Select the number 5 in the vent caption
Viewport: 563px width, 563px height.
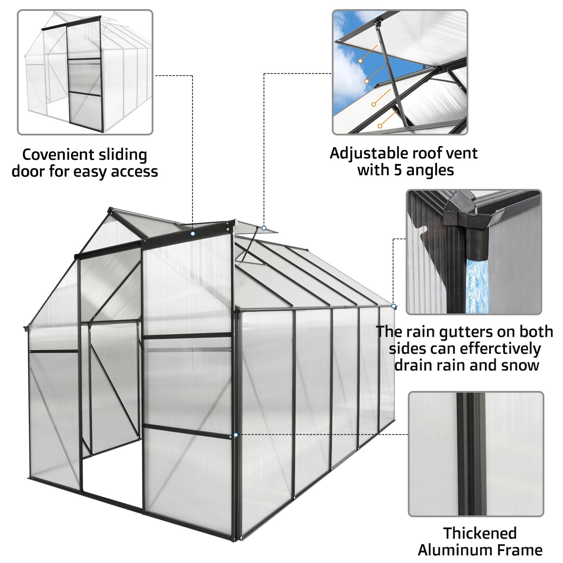point(398,170)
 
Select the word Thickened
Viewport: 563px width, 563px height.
point(480,533)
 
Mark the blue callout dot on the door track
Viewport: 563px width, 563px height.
point(192,234)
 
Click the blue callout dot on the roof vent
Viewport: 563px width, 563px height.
point(264,228)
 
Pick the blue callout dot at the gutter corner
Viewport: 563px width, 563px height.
point(393,306)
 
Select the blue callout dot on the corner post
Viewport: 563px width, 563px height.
point(235,435)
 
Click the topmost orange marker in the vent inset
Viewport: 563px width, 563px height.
point(360,61)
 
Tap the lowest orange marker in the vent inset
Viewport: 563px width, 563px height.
point(379,126)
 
